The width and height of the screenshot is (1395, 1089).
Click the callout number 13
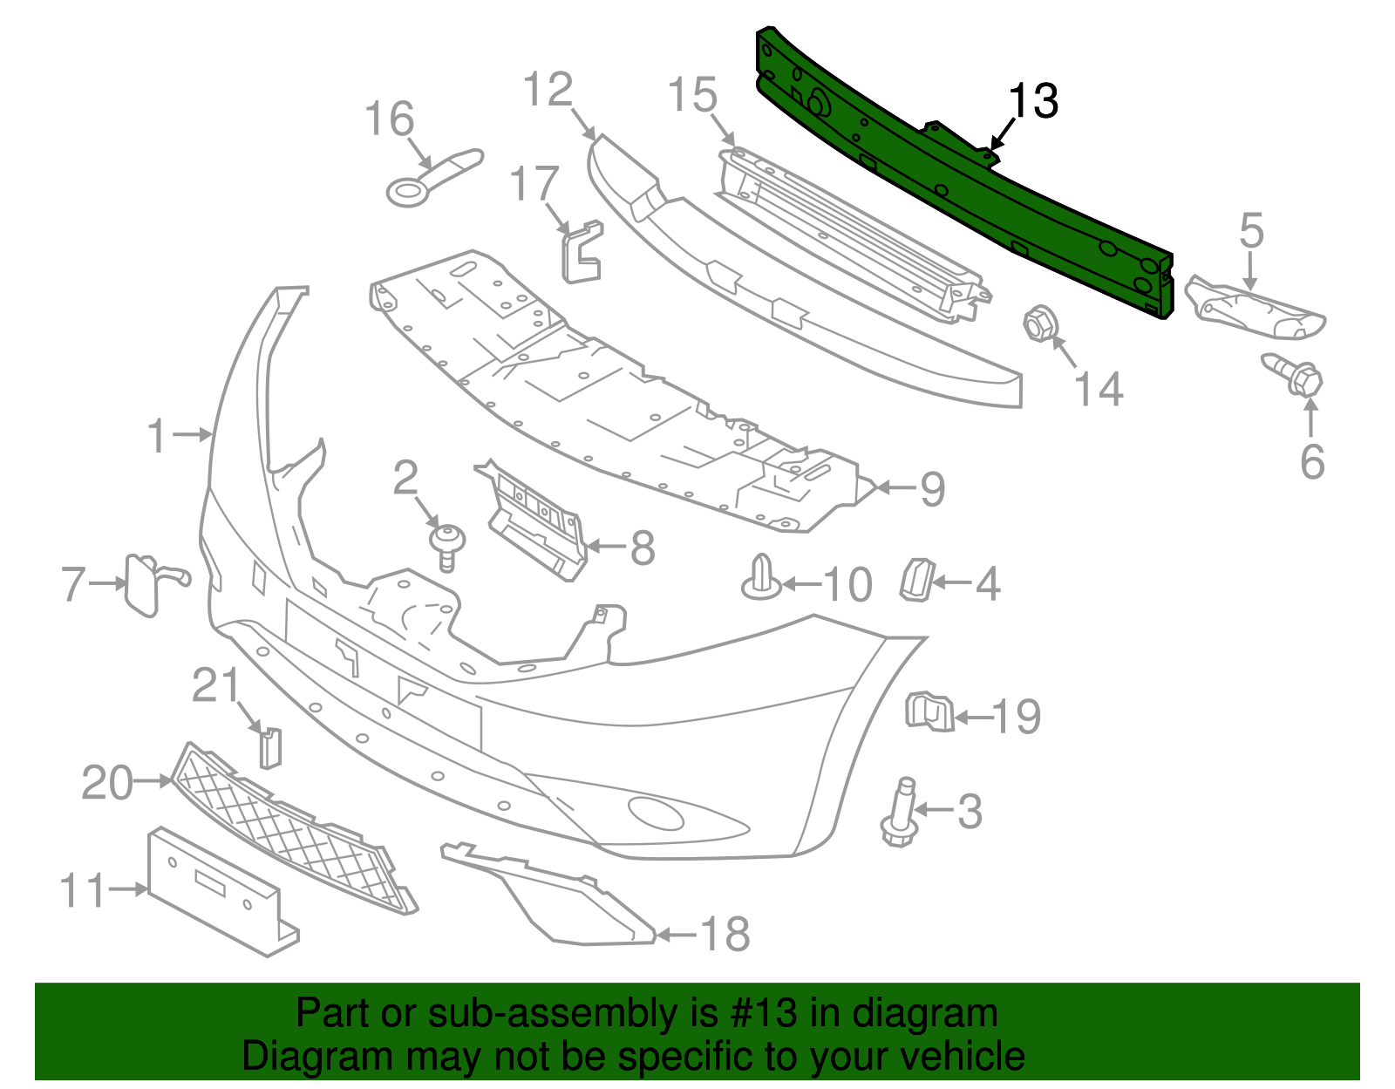[1033, 101]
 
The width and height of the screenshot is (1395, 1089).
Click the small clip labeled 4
[916, 580]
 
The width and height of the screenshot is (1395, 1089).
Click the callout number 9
[933, 489]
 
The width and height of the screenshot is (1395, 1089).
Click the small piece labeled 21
[270, 748]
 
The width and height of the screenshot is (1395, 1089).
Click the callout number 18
[725, 935]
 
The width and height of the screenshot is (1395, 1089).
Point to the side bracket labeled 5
[1255, 310]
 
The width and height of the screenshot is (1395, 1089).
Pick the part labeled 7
[144, 584]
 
